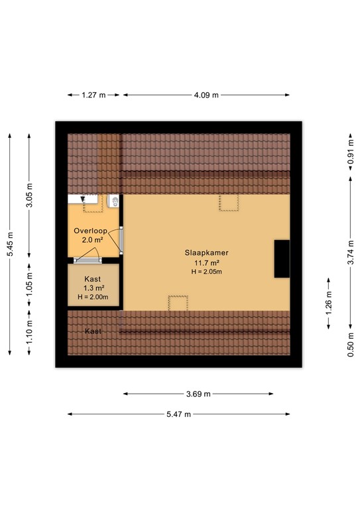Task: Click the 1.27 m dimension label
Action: [x=93, y=95]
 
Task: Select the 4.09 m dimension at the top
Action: [x=206, y=95]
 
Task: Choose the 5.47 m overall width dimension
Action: [x=178, y=414]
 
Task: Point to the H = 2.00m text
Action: [x=92, y=297]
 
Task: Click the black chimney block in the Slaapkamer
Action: [x=282, y=259]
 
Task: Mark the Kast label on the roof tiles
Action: [x=92, y=331]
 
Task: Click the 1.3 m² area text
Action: [x=93, y=288]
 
